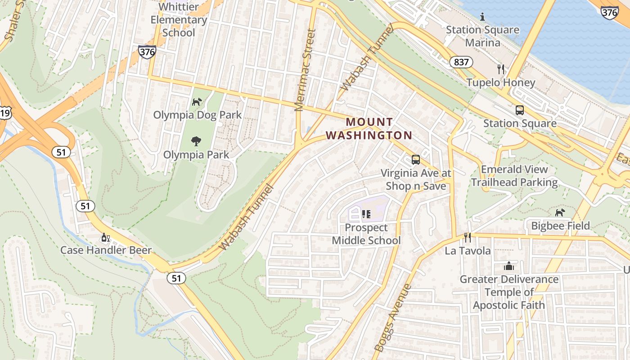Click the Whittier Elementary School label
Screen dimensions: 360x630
click(x=179, y=20)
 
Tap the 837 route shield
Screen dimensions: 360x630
click(x=461, y=62)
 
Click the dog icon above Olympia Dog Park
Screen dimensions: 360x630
click(x=197, y=102)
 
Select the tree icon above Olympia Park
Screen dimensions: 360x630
click(x=196, y=141)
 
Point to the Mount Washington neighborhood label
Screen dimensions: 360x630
click(x=369, y=129)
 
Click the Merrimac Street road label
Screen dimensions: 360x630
click(x=305, y=70)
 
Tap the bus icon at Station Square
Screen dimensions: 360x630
click(x=520, y=110)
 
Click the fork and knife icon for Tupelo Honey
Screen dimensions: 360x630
click(x=501, y=69)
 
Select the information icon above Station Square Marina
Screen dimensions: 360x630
click(x=482, y=17)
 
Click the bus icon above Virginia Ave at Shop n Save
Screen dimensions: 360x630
click(x=416, y=160)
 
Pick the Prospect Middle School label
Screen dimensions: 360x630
click(x=366, y=234)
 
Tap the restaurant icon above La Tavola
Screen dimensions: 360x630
click(x=468, y=237)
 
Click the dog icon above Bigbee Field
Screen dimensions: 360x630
click(x=560, y=212)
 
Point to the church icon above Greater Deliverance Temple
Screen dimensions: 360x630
click(x=509, y=266)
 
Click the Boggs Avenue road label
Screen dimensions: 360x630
click(x=393, y=317)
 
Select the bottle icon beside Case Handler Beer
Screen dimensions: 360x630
click(x=105, y=237)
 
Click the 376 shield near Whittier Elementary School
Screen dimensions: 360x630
click(x=147, y=52)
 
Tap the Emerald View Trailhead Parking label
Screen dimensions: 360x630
click(x=514, y=176)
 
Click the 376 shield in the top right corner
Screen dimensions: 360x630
click(x=609, y=12)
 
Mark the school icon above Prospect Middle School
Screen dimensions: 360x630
click(x=366, y=214)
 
